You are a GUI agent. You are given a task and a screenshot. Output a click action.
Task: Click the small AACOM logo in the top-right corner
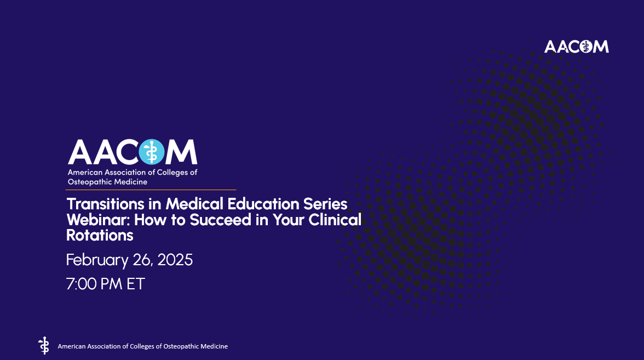(576, 47)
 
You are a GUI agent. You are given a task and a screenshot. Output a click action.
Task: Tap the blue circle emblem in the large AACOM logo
(152, 152)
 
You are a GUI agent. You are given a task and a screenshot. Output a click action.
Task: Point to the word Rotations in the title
(100, 236)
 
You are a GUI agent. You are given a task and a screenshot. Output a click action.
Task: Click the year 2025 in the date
(175, 260)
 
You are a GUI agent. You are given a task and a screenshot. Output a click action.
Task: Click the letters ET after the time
(135, 284)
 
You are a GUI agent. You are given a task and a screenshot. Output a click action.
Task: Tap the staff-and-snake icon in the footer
(44, 346)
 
